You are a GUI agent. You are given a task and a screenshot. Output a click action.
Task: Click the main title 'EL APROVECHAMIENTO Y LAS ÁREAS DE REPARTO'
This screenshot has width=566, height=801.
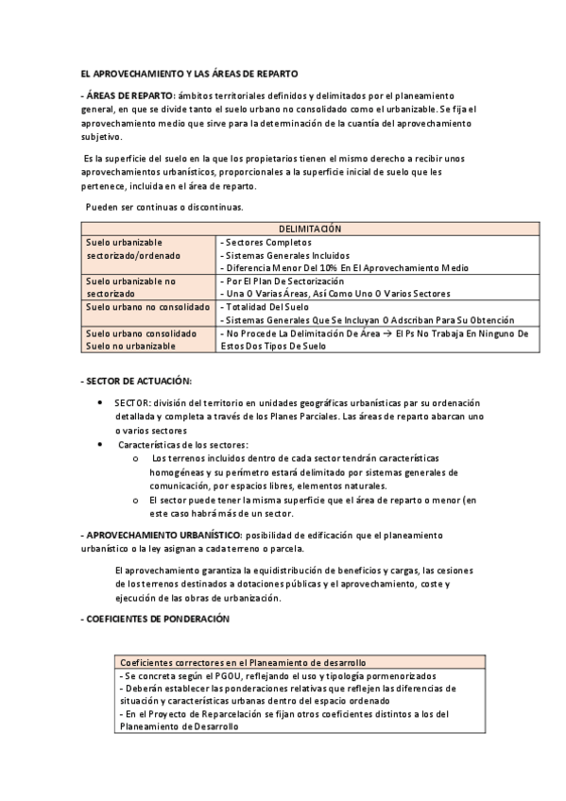pos(189,73)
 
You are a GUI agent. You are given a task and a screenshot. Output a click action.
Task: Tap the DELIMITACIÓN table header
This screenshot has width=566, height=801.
pos(310,229)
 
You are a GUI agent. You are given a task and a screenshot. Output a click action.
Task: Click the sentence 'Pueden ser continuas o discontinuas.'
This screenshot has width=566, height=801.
pos(163,206)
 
